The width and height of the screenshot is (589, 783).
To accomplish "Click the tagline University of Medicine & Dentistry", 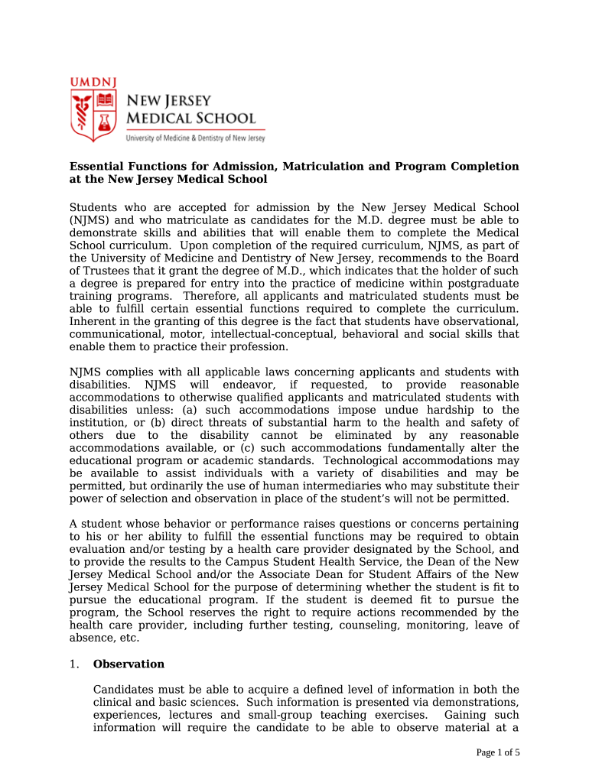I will [195, 138].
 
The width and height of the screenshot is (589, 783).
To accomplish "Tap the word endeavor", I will [242, 385].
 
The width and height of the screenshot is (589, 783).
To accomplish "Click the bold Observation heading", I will [129, 664].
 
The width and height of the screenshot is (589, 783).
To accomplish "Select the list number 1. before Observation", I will [74, 664].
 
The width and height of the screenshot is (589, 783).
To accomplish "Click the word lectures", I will [190, 715].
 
